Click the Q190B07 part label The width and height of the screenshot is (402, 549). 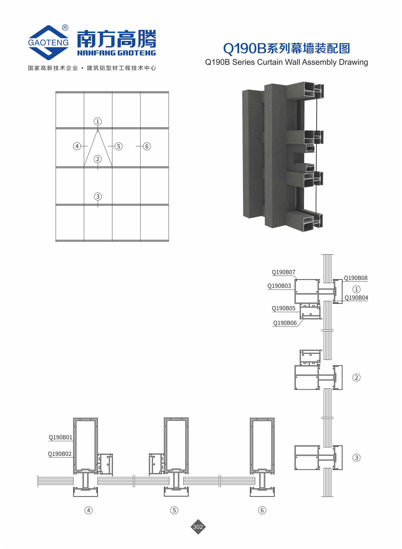click(x=284, y=272)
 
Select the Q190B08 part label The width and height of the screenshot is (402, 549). click(x=356, y=278)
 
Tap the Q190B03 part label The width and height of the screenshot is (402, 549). click(x=279, y=286)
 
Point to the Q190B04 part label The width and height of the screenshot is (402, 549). click(x=356, y=298)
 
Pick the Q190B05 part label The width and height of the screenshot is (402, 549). click(x=284, y=308)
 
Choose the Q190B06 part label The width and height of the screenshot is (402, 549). click(x=285, y=323)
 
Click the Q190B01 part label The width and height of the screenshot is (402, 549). click(x=60, y=437)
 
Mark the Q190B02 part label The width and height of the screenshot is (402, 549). click(x=60, y=454)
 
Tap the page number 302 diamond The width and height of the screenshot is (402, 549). click(x=198, y=527)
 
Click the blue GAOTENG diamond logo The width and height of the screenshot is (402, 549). click(x=48, y=42)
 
